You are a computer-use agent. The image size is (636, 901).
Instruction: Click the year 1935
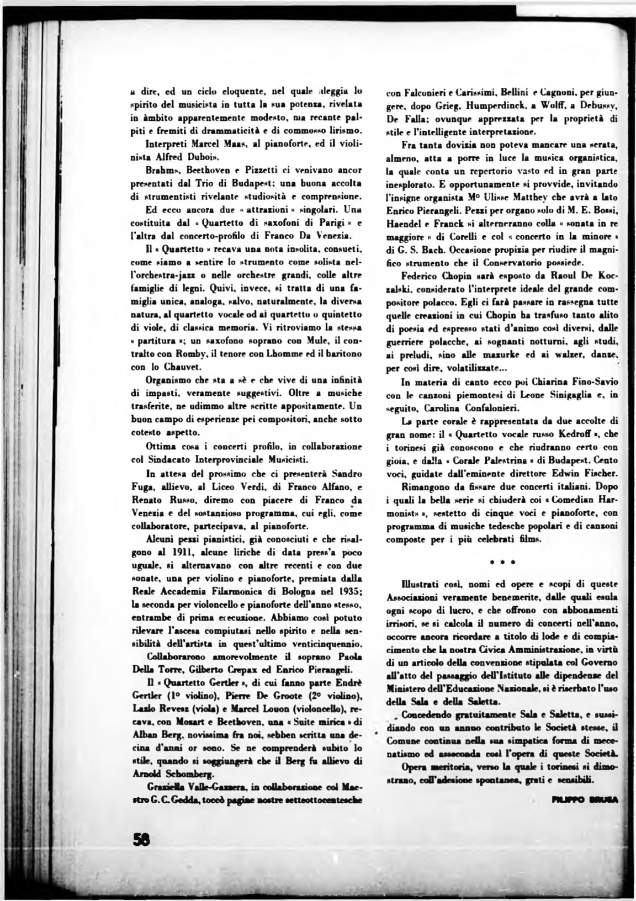(x=348, y=592)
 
